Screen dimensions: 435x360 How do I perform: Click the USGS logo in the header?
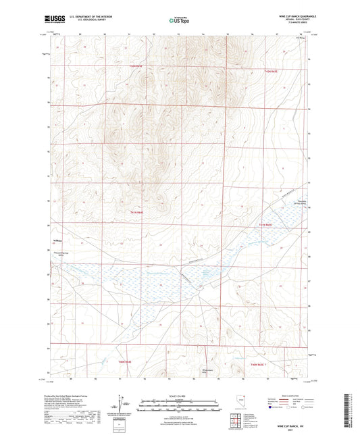pyautogui.click(x=51, y=20)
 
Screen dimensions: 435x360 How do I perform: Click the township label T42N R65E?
pyautogui.click(x=271, y=70)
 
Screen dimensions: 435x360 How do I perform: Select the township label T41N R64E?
pyautogui.click(x=136, y=213)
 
